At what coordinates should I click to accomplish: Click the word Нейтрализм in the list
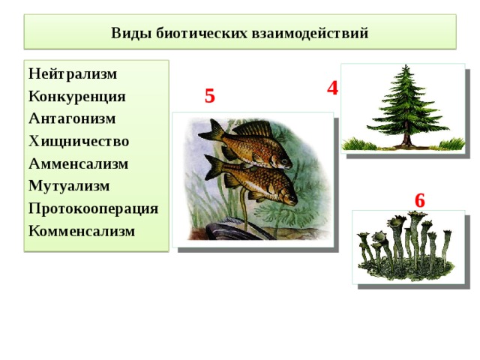(x=72, y=74)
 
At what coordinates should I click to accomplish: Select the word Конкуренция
(x=76, y=97)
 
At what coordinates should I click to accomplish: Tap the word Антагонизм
(x=72, y=118)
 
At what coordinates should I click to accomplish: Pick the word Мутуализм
(x=69, y=185)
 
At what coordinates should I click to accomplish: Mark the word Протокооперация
(x=92, y=208)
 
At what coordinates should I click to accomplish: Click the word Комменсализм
(x=81, y=230)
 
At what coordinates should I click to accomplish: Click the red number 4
(x=332, y=88)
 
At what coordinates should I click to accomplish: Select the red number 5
(x=209, y=96)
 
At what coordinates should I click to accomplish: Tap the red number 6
(x=419, y=200)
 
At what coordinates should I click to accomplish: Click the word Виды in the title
(x=127, y=34)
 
